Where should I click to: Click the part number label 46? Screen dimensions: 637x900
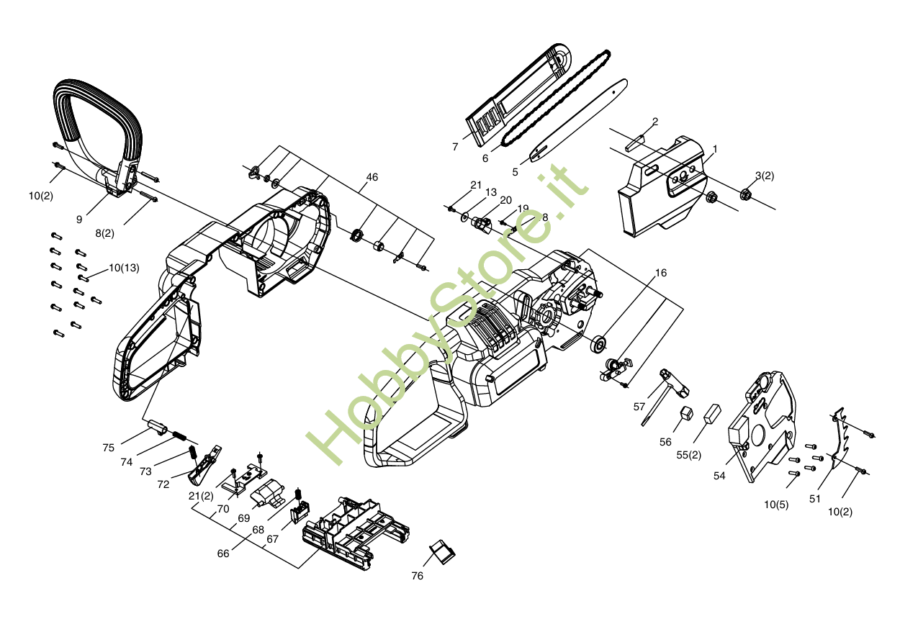click(x=372, y=177)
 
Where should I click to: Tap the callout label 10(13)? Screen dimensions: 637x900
click(x=124, y=268)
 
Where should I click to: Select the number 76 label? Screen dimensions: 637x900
click(x=418, y=576)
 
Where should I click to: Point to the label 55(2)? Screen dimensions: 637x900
click(x=688, y=454)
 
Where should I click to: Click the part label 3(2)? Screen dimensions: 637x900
click(x=765, y=175)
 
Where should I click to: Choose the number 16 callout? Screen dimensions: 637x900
click(x=661, y=273)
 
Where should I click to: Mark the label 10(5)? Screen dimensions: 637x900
click(x=776, y=505)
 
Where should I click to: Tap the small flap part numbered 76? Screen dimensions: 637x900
click(x=441, y=552)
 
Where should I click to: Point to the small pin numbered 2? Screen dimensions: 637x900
click(x=638, y=140)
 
